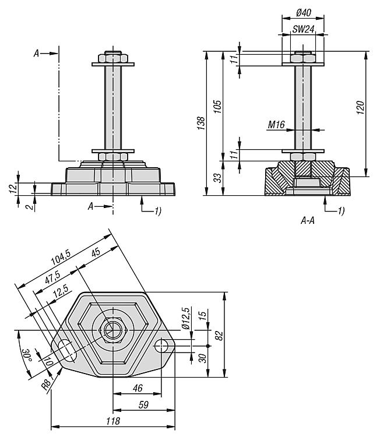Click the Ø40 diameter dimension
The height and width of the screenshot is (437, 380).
pyautogui.click(x=303, y=12)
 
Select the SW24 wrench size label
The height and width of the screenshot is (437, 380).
pyautogui.click(x=302, y=29)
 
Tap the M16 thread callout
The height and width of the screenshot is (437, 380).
pyautogui.click(x=276, y=124)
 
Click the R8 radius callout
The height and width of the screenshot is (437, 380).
pyautogui.click(x=46, y=383)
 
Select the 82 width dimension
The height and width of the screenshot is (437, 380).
pyautogui.click(x=219, y=335)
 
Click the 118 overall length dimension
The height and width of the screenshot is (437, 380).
pyautogui.click(x=113, y=421)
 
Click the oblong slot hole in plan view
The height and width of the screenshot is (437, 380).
pyautogui.click(x=68, y=350)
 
